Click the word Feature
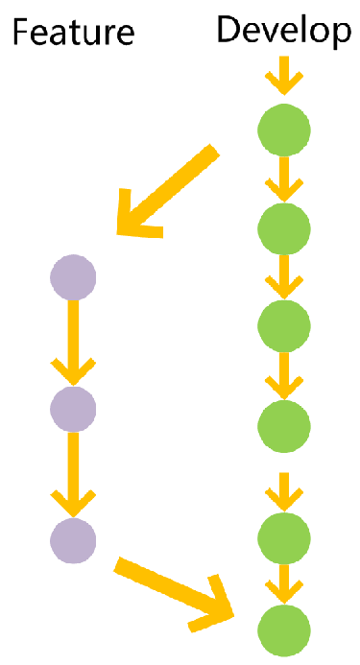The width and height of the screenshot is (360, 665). pos(72,34)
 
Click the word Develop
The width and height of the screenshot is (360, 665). pos(284,31)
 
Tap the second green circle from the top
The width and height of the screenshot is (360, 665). pos(284,227)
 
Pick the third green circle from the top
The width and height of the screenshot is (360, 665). pos(284,325)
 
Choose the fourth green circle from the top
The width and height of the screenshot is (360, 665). pos(284,423)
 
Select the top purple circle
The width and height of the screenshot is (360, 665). pos(73,278)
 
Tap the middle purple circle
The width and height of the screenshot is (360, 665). pos(73,409)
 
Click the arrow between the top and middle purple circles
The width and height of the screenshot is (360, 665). pos(73,344)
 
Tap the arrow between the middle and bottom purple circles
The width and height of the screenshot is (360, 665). pos(73,474)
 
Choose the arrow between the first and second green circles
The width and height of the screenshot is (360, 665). pos(284,178)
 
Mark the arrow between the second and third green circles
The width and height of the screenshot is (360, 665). pos(284,276)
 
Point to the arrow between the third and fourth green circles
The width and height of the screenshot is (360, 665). pos(284,374)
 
